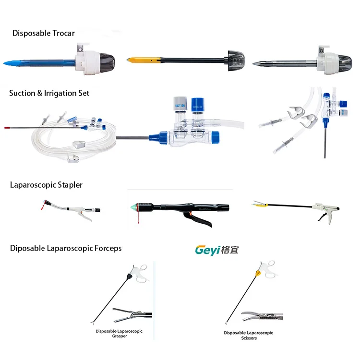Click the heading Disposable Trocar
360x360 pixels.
[x=44, y=33]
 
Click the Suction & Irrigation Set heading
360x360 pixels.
[x=49, y=93]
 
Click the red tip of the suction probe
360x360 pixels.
[x=8, y=128]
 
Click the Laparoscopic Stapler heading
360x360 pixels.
[x=46, y=184]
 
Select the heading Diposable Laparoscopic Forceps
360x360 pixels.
[x=66, y=248]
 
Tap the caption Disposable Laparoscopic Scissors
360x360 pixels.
[x=248, y=335]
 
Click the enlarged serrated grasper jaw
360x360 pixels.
[x=129, y=315]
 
